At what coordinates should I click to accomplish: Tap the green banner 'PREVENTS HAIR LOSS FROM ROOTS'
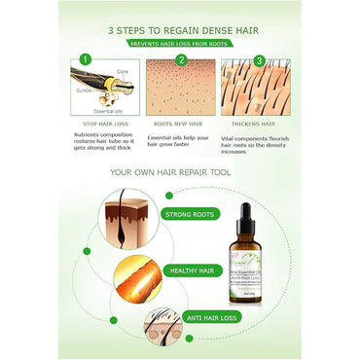[180, 43]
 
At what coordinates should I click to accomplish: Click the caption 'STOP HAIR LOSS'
[105, 125]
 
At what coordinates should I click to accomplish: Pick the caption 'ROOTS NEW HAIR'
[178, 125]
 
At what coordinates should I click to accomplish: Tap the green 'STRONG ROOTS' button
[189, 214]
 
